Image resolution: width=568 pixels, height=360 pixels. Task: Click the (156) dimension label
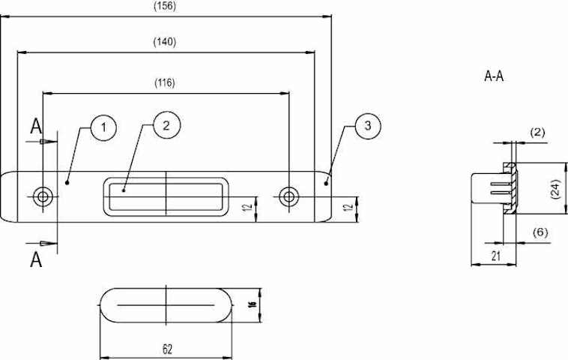(165, 6)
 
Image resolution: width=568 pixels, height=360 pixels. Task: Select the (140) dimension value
(165, 42)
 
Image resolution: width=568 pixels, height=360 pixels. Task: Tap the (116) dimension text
(165, 83)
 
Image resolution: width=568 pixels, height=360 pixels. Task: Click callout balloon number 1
(103, 127)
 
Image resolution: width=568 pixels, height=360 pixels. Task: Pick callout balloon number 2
(166, 125)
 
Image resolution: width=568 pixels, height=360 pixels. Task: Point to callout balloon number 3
(368, 126)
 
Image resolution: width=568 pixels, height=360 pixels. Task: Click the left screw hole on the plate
(43, 196)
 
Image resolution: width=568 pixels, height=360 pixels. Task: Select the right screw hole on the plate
(288, 196)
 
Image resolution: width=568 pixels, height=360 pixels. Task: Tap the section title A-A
(494, 76)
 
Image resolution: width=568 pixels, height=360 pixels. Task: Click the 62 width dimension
(167, 349)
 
